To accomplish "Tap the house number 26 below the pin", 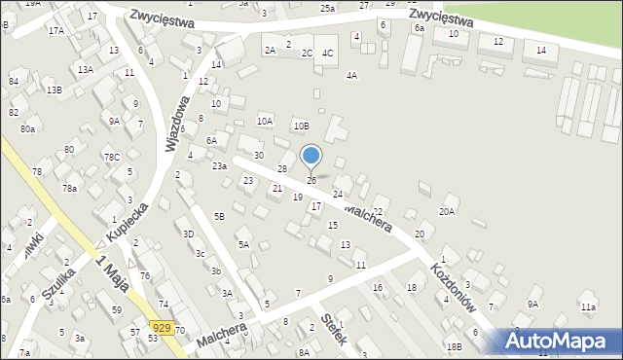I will click(x=311, y=180).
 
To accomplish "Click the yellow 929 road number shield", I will click(x=164, y=330).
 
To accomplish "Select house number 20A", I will click(x=447, y=211).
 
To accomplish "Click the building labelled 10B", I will click(x=303, y=126).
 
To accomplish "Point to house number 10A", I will click(x=265, y=122).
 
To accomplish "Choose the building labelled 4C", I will click(x=328, y=53).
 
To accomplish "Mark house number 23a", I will click(x=220, y=166).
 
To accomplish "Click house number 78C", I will click(x=113, y=158).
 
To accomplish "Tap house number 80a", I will click(x=27, y=128).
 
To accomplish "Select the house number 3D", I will click(x=189, y=234).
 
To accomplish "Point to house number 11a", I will click(x=588, y=307).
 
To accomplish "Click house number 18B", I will click(x=454, y=346).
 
